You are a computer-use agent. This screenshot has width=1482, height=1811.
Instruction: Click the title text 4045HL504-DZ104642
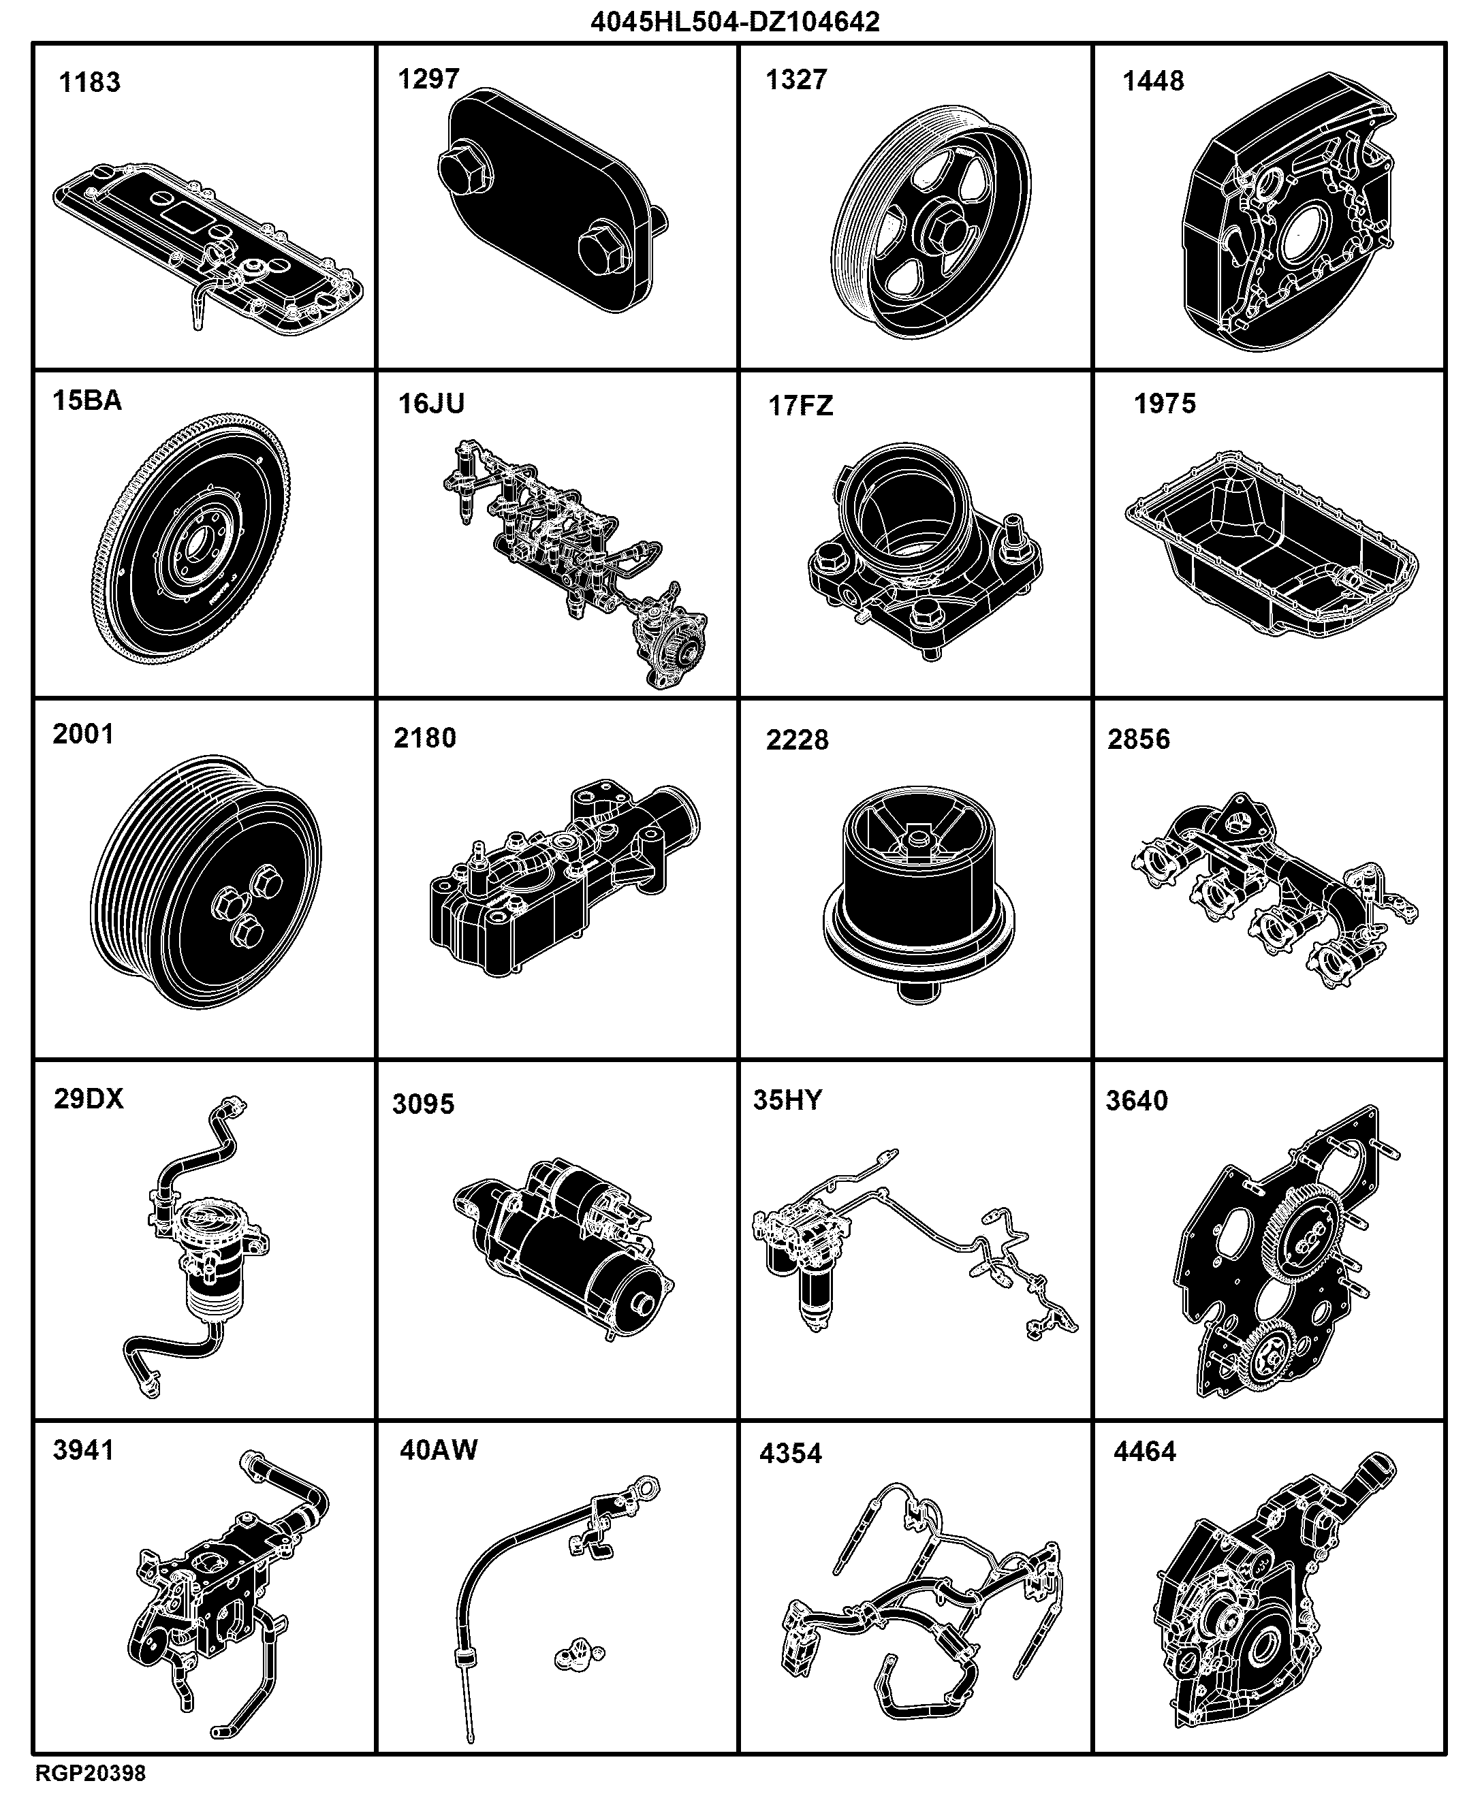coord(735,21)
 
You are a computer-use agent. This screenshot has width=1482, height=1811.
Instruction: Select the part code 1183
coord(90,83)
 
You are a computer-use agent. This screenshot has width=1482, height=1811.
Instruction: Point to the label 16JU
coord(432,404)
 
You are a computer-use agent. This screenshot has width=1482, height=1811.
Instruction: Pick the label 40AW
coord(439,1450)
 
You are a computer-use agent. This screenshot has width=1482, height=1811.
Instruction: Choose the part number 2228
coord(798,740)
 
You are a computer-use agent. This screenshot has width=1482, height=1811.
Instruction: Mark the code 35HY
coord(787,1100)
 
